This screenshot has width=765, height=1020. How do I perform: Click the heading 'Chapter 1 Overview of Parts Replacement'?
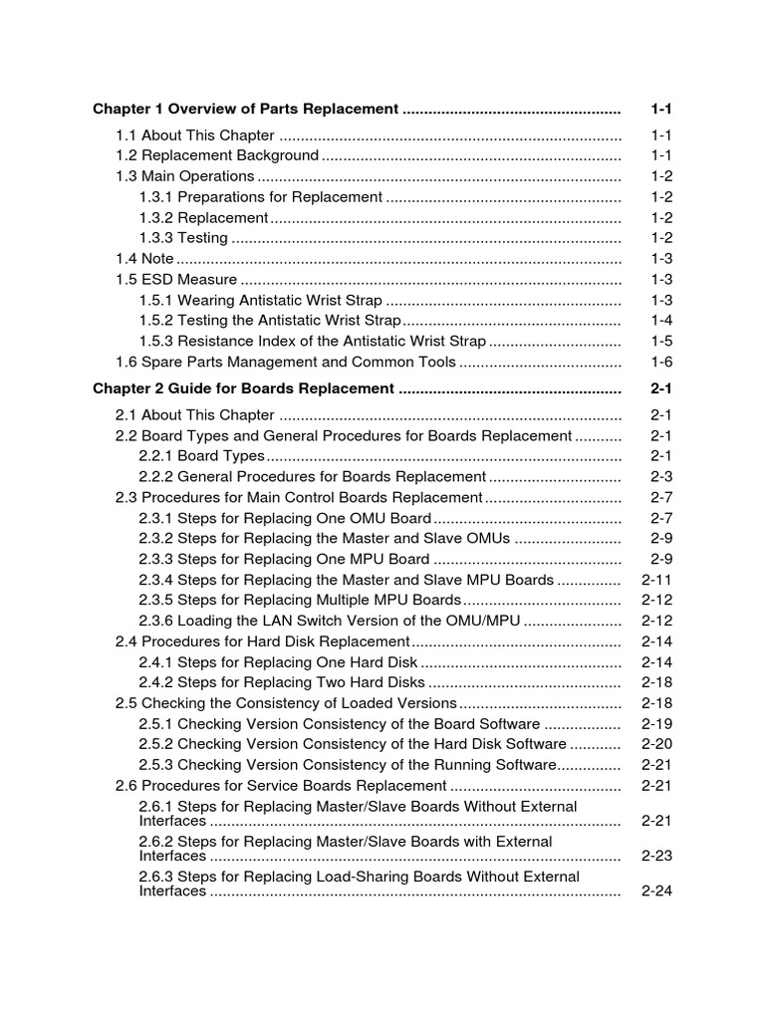point(245,109)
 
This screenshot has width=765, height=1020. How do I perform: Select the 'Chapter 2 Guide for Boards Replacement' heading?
point(243,387)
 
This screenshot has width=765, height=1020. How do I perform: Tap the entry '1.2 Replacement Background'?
point(217,155)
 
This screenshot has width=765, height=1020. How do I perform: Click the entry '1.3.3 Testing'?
point(183,237)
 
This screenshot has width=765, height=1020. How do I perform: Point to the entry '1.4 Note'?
point(145,258)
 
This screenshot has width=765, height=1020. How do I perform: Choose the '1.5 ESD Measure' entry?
point(176,279)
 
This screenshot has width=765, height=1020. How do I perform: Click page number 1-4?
point(661,320)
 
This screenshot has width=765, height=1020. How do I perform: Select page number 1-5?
point(661,341)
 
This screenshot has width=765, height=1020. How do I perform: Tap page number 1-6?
point(661,362)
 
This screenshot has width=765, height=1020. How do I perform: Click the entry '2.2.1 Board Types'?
point(202,455)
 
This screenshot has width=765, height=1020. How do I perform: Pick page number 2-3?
point(661,476)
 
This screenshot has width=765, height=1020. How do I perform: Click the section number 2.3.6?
point(156,621)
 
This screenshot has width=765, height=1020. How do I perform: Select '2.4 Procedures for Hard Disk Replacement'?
point(263,641)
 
